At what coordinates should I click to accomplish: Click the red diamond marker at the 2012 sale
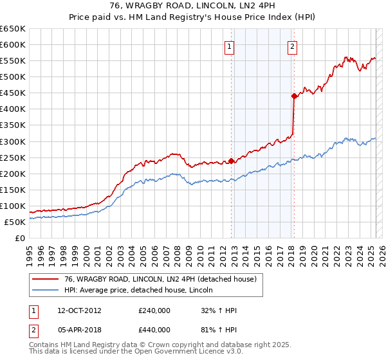pos(231,161)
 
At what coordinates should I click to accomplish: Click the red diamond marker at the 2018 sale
pos(293,96)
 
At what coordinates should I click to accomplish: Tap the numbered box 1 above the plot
pos(229,46)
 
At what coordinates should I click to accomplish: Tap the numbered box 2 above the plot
pos(292,46)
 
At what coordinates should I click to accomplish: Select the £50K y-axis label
pos(15,222)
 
